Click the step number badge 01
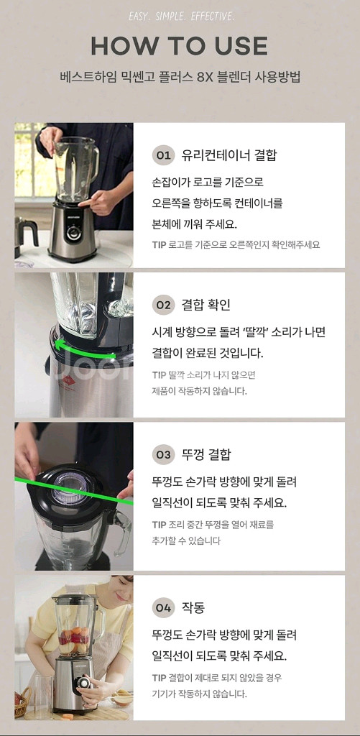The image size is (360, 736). [164, 155]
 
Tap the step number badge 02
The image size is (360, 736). [164, 305]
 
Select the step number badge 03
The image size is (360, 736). [164, 455]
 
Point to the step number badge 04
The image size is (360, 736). [164, 608]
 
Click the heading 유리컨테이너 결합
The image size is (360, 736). [229, 155]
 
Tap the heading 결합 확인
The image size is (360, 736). [206, 305]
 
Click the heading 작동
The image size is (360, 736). [193, 608]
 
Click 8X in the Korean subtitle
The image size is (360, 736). [206, 76]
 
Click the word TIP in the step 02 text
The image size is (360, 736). [159, 375]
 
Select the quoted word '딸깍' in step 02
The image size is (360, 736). [249, 332]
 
